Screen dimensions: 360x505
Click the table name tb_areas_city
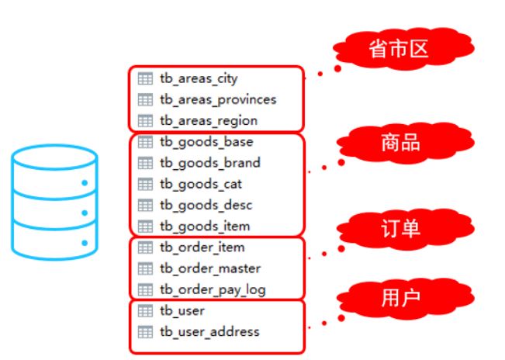click(x=198, y=78)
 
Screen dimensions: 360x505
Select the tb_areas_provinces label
click(x=217, y=99)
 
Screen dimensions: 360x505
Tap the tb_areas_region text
click(x=208, y=120)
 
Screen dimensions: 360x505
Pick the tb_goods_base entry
click(x=206, y=142)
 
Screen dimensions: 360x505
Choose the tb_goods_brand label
click(x=209, y=163)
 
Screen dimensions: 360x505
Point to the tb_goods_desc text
click(x=206, y=205)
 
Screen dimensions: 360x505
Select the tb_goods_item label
click(x=205, y=226)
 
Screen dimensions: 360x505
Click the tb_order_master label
click(x=209, y=268)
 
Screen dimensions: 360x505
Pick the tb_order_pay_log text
click(x=212, y=289)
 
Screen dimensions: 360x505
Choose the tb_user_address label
click(x=209, y=331)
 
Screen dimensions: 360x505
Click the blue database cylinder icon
click(x=54, y=203)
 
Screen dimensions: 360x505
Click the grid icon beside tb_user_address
click(x=145, y=331)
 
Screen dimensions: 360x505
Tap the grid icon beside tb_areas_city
click(x=145, y=78)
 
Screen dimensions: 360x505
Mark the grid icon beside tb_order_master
click(x=145, y=268)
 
